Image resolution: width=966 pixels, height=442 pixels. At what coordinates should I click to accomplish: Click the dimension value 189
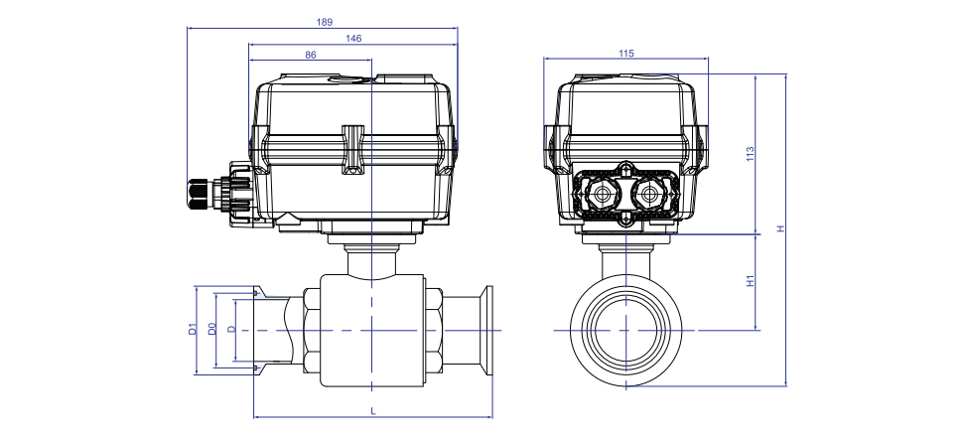pos(325,22)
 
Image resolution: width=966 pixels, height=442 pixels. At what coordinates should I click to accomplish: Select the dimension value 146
pos(353,38)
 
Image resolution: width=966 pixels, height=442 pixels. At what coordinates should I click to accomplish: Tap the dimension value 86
pos(311,55)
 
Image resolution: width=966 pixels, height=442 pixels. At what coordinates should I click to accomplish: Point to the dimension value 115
pos(625,54)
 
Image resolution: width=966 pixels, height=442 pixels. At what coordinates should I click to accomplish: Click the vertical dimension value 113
pos(750,154)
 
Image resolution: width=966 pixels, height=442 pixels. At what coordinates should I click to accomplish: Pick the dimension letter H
pos(780,228)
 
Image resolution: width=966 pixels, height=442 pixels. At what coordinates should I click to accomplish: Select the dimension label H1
pos(750,281)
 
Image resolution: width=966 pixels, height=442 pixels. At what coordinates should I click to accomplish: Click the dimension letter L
pos(373,411)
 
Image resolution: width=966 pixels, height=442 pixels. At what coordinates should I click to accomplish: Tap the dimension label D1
pos(192,329)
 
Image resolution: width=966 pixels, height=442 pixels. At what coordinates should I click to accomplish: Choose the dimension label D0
pos(211,329)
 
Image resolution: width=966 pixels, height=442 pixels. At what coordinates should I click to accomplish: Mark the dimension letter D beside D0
pos(231,329)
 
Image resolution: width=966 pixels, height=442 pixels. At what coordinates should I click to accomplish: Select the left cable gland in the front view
pos(602,196)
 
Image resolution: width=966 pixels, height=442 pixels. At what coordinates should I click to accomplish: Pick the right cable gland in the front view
pos(648,196)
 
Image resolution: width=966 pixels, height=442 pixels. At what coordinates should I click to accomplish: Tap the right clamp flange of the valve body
pos(486,331)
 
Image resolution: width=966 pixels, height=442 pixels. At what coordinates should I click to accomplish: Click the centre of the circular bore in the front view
pos(625,331)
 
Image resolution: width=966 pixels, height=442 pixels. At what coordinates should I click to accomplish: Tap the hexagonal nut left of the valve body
pos(312,331)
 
